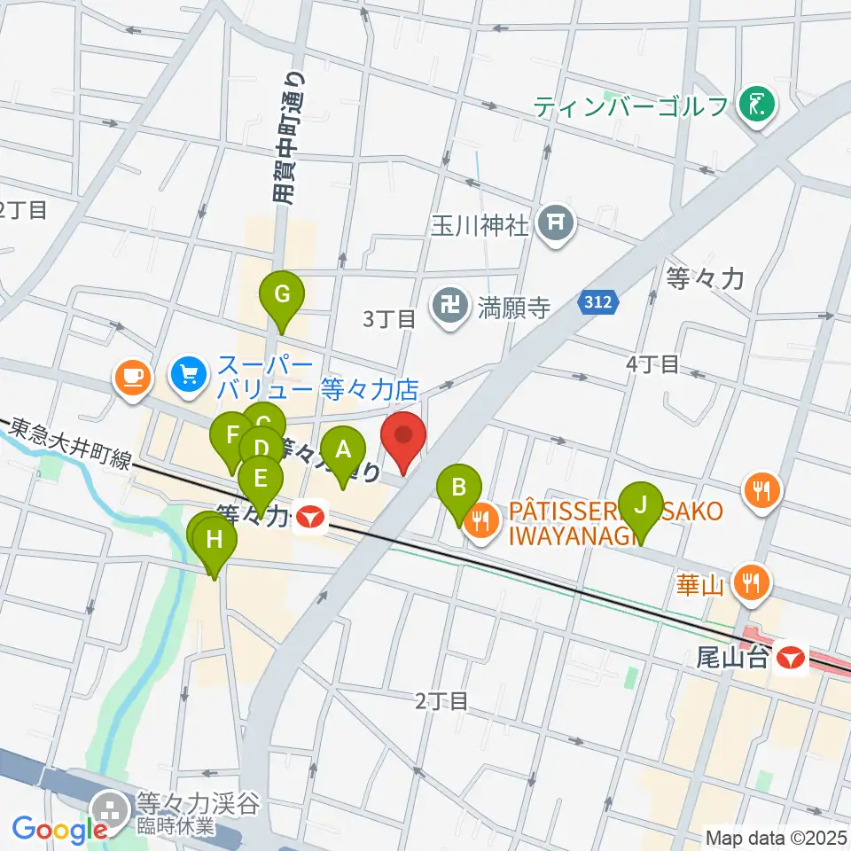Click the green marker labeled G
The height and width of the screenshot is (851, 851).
point(281,294)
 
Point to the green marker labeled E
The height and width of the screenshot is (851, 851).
point(261,480)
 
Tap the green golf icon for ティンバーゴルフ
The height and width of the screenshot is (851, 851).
point(758,106)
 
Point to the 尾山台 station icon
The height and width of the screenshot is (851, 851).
point(789,659)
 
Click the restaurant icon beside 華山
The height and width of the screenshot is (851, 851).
point(752,582)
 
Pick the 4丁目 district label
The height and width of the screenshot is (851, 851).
point(652,363)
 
